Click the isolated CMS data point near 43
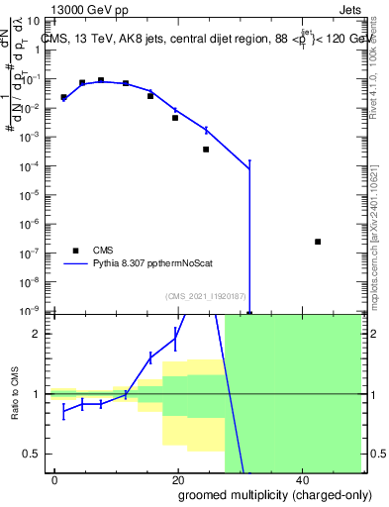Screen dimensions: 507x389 [317, 242]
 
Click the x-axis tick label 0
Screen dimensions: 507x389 [54, 480]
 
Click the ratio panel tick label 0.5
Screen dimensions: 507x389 [38, 454]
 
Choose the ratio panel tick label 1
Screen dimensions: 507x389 [42, 394]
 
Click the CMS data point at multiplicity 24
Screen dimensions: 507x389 [206, 150]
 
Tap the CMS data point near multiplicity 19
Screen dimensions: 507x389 [175, 118]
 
